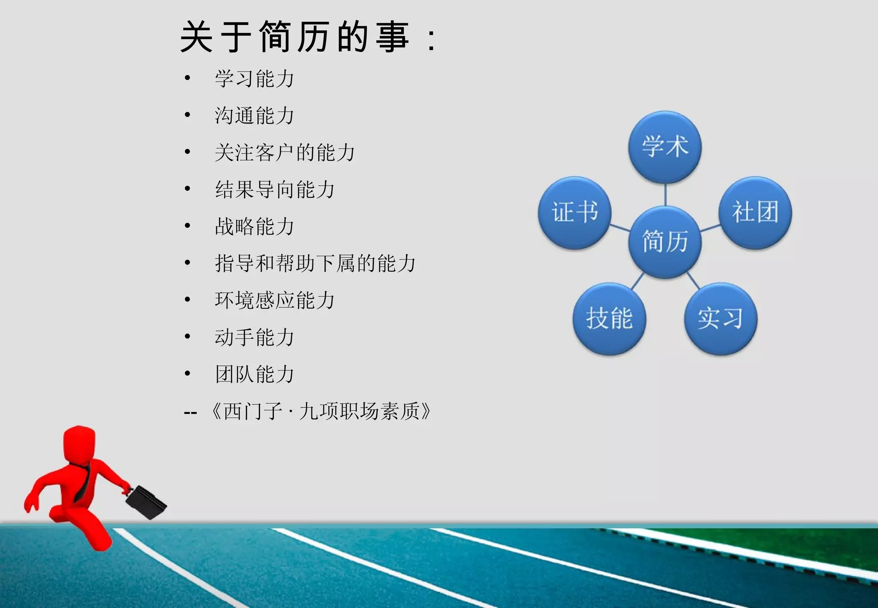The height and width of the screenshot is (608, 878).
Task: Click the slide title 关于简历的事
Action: click(307, 38)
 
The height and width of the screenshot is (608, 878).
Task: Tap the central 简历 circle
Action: click(665, 242)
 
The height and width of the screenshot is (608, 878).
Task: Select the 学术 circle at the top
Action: click(665, 147)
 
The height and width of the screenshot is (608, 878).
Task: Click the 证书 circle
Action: click(574, 212)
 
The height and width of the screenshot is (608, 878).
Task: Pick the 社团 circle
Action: click(755, 212)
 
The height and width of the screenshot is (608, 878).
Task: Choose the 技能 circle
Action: click(609, 319)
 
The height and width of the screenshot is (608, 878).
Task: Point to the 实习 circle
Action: click(721, 319)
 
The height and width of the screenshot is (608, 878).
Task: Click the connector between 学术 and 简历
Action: click(665, 195)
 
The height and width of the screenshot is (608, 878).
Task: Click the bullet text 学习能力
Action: click(254, 79)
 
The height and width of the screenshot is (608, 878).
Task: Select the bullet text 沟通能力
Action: click(254, 116)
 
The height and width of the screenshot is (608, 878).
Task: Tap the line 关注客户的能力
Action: click(285, 153)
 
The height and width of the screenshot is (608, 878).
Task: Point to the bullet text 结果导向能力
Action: click(274, 190)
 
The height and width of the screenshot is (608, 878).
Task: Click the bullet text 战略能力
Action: click(254, 226)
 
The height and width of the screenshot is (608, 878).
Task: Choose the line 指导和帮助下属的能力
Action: click(315, 263)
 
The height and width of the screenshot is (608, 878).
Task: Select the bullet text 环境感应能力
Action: click(274, 300)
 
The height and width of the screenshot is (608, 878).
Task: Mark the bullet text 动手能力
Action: click(254, 337)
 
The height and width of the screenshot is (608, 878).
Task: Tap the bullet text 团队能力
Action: click(254, 374)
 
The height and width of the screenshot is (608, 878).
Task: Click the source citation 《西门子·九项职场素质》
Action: click(321, 411)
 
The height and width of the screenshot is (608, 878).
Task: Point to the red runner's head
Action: click(79, 444)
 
